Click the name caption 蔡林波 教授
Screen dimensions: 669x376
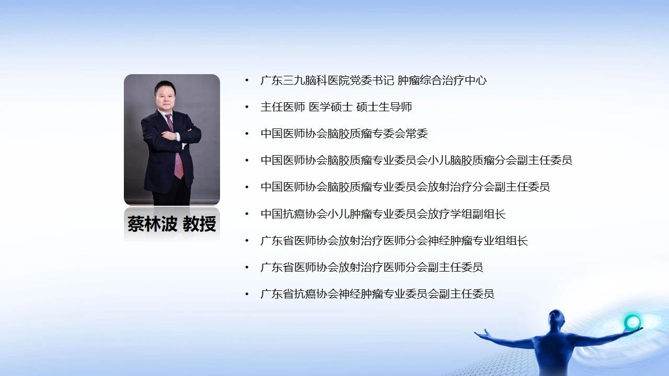172,224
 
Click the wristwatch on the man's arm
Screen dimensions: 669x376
176,136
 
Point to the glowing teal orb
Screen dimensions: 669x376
632,322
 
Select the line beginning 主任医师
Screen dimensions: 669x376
336,107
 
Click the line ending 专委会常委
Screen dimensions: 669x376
344,133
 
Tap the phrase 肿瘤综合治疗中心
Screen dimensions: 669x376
442,80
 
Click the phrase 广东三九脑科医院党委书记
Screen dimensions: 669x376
327,80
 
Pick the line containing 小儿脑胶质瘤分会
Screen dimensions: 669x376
417,160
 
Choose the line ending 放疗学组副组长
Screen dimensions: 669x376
383,214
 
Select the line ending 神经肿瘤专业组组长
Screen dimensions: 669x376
394,241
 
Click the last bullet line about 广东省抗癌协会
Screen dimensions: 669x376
377,294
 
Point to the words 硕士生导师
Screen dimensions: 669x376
384,107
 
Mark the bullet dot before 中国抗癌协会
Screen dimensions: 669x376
247,214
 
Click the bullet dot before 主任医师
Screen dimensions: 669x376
247,107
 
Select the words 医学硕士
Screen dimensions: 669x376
331,107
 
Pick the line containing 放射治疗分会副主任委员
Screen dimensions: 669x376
405,187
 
